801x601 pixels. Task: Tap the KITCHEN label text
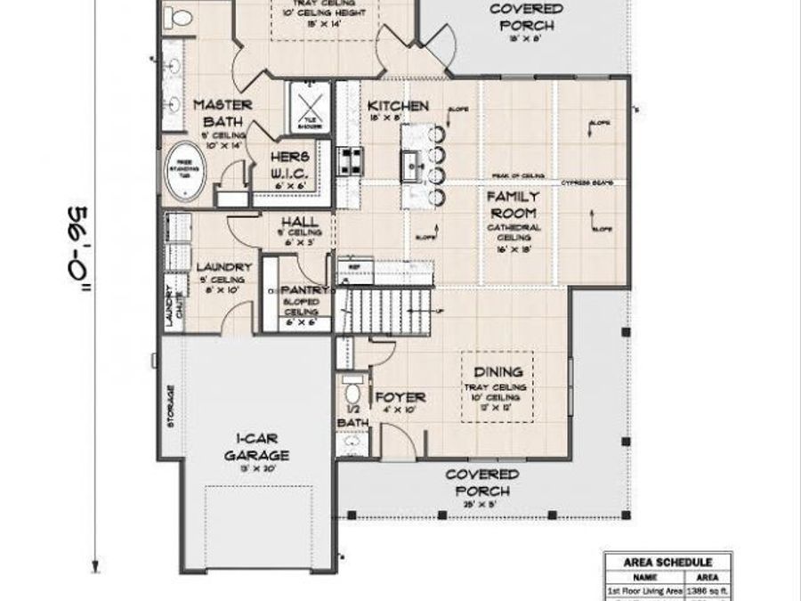(398, 106)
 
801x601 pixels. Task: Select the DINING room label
(497, 371)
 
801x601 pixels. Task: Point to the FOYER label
(400, 397)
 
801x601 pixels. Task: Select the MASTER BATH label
(222, 112)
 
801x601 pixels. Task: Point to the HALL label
(294, 222)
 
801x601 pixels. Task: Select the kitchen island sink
(413, 164)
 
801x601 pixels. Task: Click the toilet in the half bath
(352, 392)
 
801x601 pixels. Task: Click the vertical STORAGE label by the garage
(170, 405)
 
